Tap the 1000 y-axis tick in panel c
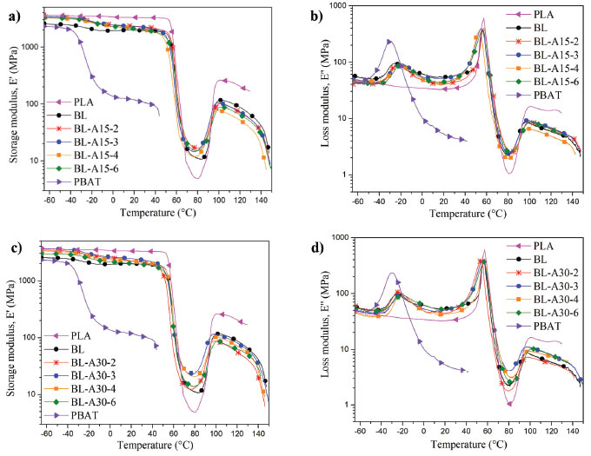coord(27,281)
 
